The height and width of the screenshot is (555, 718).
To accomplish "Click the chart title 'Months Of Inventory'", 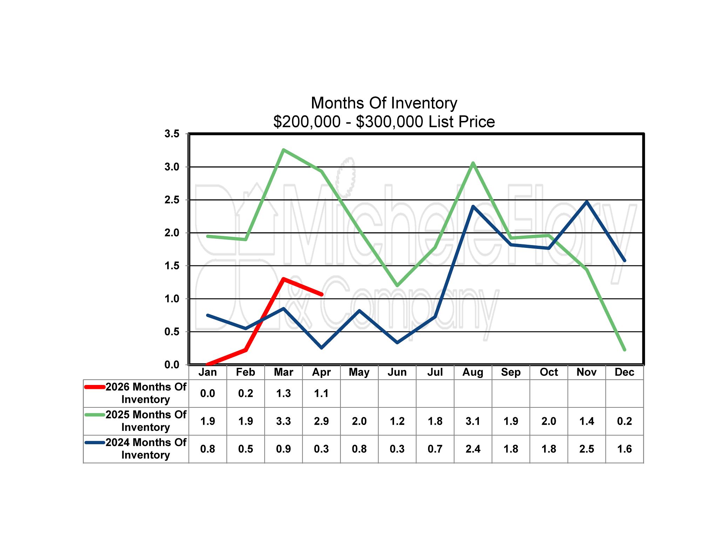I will (x=384, y=103).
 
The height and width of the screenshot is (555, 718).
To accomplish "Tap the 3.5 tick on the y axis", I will (x=172, y=134).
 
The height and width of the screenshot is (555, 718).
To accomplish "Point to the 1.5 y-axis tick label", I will (x=172, y=266).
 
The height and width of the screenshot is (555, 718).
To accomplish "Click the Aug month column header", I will (x=473, y=372).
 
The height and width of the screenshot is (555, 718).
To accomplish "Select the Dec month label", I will (x=624, y=372).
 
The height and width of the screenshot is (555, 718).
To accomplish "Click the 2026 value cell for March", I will (x=283, y=393).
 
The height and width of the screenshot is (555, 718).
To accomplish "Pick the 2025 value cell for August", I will (x=473, y=421).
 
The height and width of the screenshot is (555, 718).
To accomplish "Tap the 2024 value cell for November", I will (x=587, y=449).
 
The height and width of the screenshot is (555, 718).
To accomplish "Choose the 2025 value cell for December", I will (x=624, y=421).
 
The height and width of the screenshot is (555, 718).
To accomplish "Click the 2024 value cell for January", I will (x=208, y=449).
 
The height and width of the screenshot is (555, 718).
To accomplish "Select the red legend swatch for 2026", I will (x=95, y=387).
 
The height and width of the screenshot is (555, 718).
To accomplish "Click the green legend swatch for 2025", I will (x=95, y=415).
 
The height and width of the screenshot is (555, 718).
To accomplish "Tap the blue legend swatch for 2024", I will (x=95, y=442).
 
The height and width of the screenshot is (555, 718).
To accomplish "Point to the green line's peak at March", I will (x=283, y=150).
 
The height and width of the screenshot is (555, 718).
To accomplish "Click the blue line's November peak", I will (x=587, y=202).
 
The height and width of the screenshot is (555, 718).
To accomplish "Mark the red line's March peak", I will (x=283, y=279).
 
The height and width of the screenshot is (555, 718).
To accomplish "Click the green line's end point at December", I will (x=624, y=350).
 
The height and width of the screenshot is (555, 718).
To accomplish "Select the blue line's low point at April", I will (x=321, y=347).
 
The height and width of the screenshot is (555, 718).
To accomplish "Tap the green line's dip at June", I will (x=397, y=285).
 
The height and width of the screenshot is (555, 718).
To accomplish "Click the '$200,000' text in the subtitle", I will (x=307, y=122).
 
